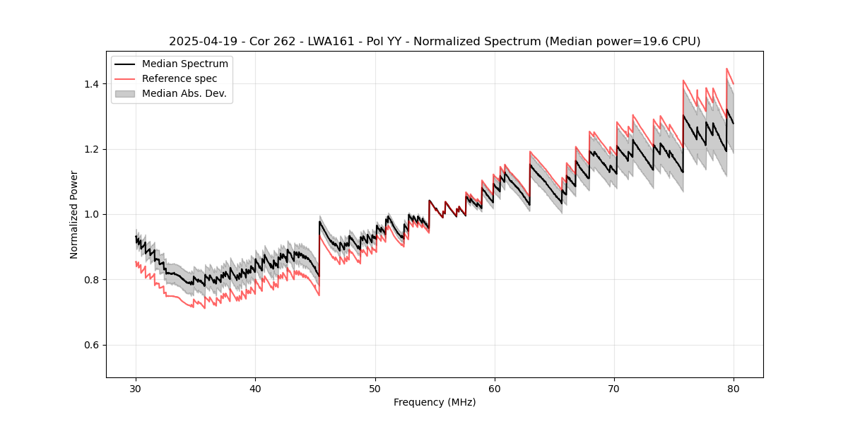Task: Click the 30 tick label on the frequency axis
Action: click(136, 388)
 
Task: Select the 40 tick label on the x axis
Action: click(256, 388)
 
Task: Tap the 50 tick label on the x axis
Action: click(375, 388)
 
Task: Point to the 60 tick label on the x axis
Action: click(495, 388)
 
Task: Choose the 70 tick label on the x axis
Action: click(614, 388)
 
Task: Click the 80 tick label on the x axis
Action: click(734, 388)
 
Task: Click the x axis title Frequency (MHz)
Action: click(435, 402)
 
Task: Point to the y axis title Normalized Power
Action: click(74, 214)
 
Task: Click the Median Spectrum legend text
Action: click(185, 64)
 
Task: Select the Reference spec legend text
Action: click(179, 78)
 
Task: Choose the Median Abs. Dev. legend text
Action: click(184, 93)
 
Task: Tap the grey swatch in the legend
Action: click(125, 93)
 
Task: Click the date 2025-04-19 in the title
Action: click(199, 42)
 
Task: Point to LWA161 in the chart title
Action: click(329, 42)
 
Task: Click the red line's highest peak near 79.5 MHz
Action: click(727, 69)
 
